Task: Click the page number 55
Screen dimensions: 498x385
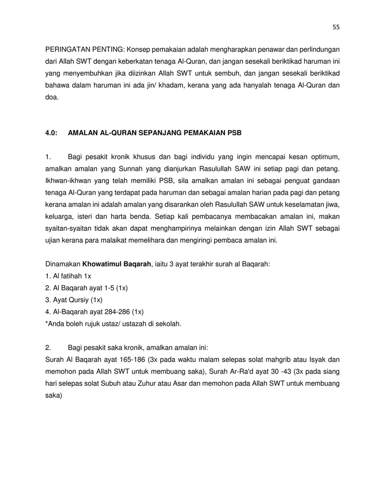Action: (336, 27)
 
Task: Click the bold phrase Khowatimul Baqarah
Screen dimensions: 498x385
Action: (117, 264)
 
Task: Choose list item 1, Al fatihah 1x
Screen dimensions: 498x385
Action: (68, 276)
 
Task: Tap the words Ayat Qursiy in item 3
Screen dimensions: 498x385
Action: (68, 300)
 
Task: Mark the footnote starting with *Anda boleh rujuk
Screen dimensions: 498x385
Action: (113, 324)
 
